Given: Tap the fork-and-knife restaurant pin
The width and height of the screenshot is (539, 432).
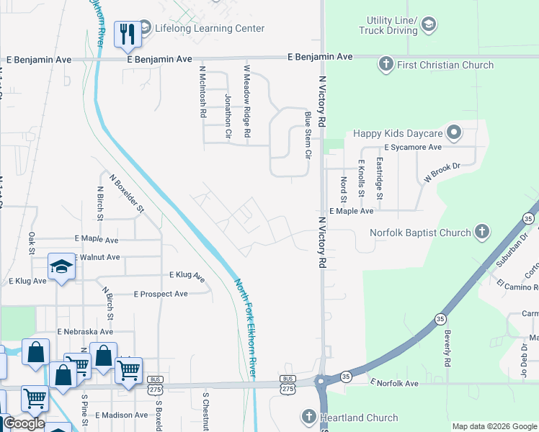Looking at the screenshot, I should [128, 34].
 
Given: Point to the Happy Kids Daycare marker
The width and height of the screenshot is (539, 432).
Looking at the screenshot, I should [453, 132].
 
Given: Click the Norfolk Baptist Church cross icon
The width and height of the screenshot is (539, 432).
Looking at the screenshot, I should [482, 232].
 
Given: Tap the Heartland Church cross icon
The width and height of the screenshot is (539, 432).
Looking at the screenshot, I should [308, 417].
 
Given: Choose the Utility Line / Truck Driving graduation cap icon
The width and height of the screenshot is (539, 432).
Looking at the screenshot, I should [428, 25].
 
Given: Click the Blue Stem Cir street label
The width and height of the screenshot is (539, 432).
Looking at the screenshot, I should [308, 135].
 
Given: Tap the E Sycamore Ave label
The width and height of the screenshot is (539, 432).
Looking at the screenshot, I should [412, 147].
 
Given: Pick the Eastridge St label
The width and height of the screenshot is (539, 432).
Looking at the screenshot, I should [380, 180].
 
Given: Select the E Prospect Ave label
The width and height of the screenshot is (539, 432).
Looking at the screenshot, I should [161, 294].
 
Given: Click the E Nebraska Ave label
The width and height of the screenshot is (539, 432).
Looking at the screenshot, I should [85, 332].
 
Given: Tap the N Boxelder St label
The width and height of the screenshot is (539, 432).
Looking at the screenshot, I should [128, 192].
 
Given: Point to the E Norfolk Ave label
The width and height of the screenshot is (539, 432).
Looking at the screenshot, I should [393, 384].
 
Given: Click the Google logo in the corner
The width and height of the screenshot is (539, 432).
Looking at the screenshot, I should [24, 423].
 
